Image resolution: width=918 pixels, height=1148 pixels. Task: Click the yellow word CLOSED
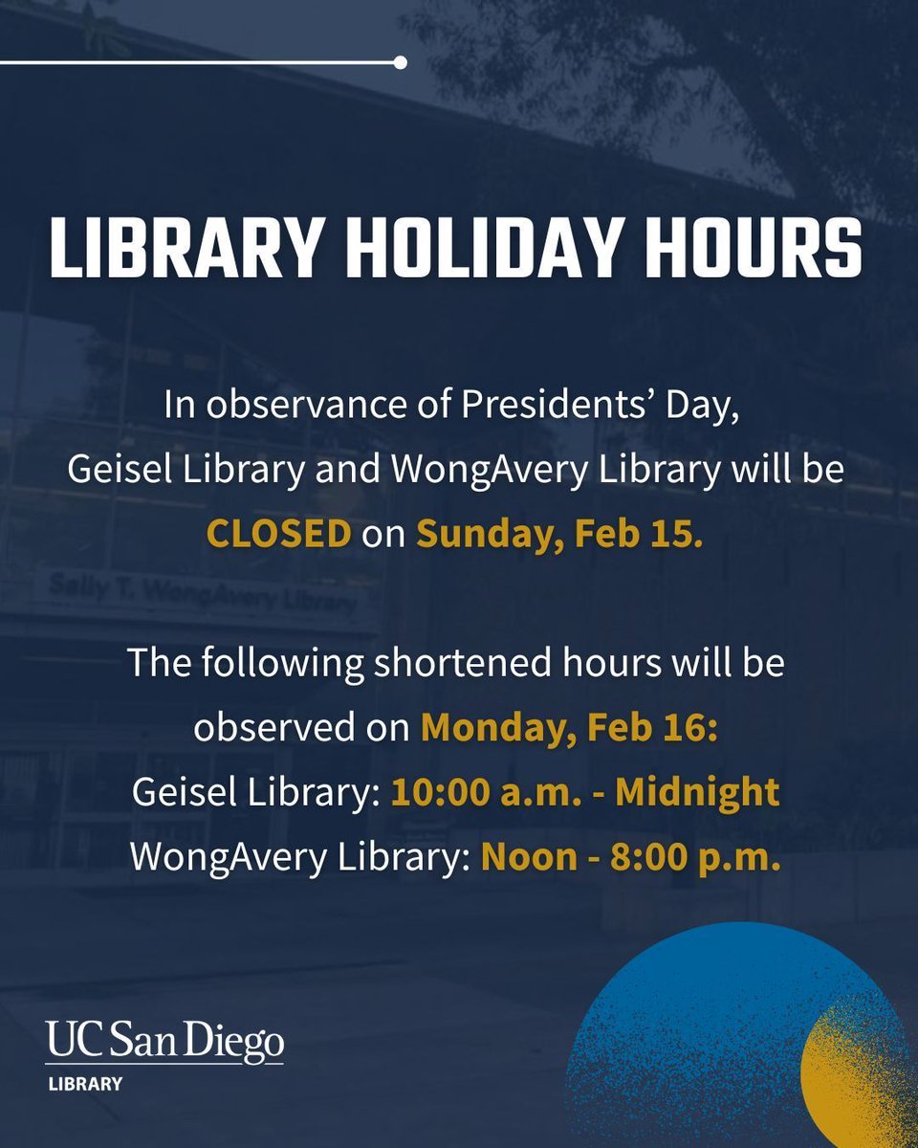(279, 534)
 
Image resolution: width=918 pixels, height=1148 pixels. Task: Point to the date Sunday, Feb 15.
(559, 534)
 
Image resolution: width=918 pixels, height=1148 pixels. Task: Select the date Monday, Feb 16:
(569, 728)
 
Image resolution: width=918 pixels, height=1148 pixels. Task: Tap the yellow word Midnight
(697, 792)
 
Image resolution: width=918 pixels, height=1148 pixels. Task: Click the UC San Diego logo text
(164, 1042)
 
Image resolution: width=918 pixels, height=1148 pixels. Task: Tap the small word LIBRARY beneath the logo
(86, 1084)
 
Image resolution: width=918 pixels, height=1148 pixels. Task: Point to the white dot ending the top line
(400, 63)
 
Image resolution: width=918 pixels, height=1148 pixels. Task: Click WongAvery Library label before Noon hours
(296, 856)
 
